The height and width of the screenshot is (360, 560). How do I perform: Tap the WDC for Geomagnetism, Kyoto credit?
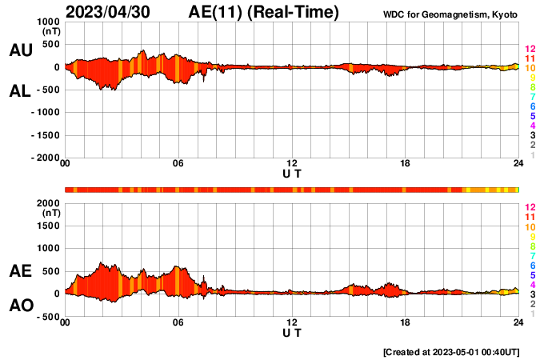click(450, 14)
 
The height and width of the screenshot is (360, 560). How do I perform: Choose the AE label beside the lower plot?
click(21, 271)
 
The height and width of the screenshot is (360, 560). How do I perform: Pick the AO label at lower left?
click(21, 306)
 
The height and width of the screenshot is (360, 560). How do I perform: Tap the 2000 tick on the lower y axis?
click(49, 204)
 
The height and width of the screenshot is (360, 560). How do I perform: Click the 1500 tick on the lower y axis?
click(49, 226)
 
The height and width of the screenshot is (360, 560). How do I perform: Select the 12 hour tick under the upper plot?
click(292, 163)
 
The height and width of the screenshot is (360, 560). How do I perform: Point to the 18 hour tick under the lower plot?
click(406, 322)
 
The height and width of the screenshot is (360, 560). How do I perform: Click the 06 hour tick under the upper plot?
click(178, 163)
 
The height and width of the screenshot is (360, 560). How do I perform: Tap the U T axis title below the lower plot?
click(292, 332)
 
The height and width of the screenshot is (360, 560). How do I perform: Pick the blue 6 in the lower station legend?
click(532, 265)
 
